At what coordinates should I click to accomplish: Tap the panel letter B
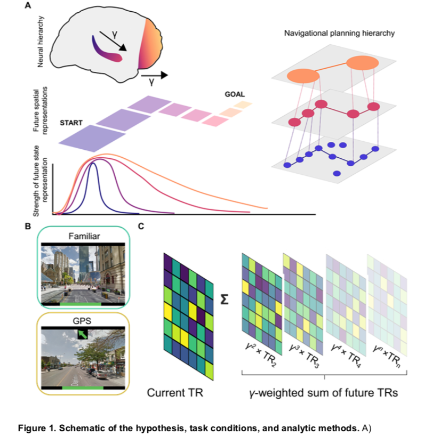click(28, 226)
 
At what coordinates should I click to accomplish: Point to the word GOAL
click(235, 94)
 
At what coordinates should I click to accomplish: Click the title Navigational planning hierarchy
click(339, 34)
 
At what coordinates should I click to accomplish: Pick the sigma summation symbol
click(225, 300)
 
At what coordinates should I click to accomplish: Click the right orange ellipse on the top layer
click(362, 64)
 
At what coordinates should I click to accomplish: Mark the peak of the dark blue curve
click(93, 164)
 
